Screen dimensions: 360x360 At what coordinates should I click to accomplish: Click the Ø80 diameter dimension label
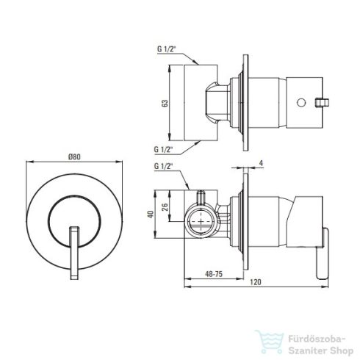(x=74, y=156)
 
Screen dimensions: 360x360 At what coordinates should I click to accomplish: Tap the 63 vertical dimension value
(x=165, y=103)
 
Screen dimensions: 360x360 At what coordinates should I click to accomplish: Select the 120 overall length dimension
(x=256, y=282)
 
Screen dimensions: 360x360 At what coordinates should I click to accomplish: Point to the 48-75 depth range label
(x=214, y=274)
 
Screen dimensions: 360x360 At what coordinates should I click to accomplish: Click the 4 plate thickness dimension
(x=262, y=163)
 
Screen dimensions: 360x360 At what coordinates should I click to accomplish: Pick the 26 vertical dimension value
(x=165, y=207)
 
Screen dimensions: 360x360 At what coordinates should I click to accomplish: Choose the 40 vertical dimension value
(x=151, y=215)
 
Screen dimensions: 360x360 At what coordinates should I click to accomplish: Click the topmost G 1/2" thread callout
(x=167, y=49)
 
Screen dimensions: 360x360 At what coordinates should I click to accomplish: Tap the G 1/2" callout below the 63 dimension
(x=163, y=149)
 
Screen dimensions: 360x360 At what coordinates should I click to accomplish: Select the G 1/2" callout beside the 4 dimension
(x=163, y=166)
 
